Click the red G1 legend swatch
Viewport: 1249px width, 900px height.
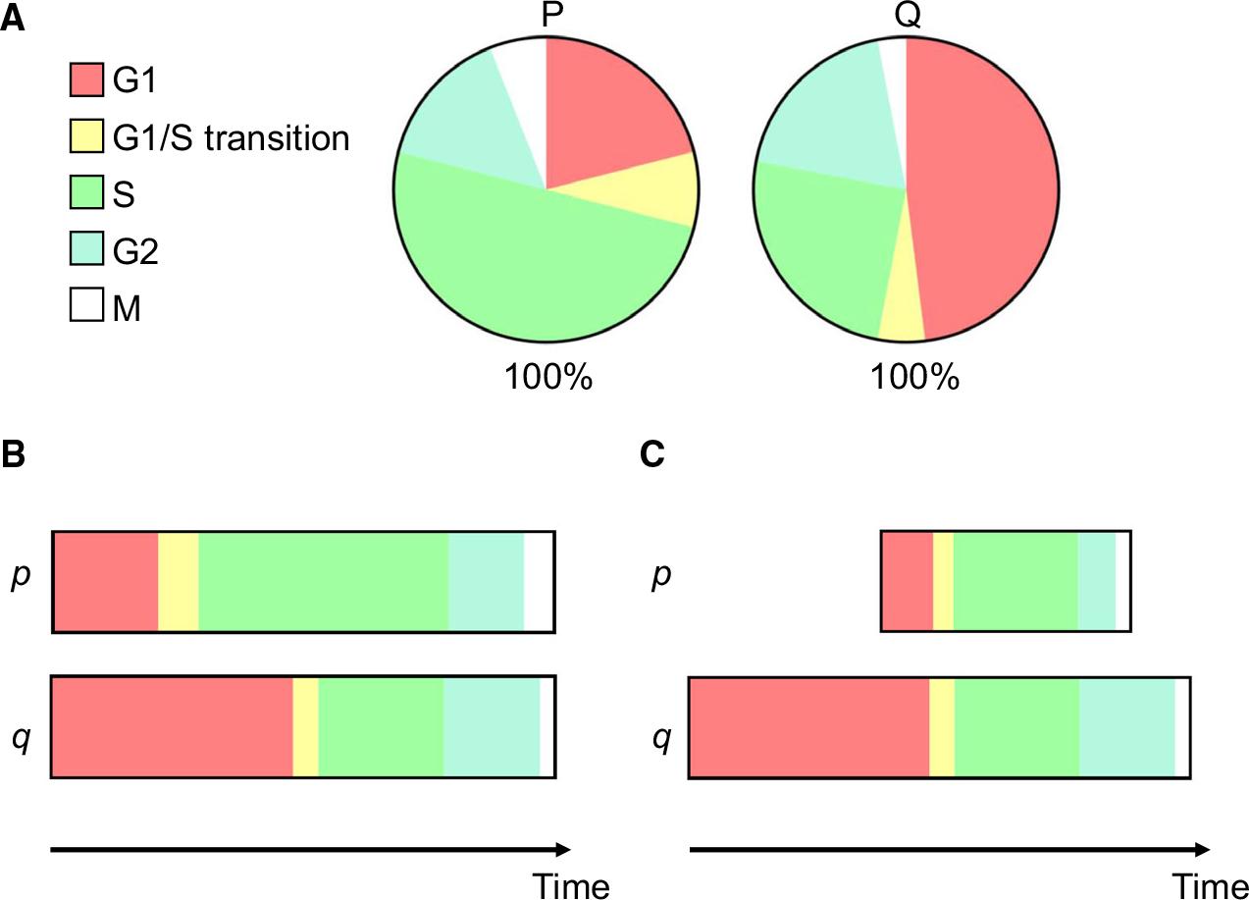86,80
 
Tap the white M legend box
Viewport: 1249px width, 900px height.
86,307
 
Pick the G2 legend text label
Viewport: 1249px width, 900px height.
134,251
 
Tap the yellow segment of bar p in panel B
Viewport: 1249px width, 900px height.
178,582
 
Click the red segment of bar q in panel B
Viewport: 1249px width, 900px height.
172,727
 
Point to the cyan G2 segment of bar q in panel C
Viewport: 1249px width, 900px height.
1126,727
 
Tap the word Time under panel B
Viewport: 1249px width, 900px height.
572,885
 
